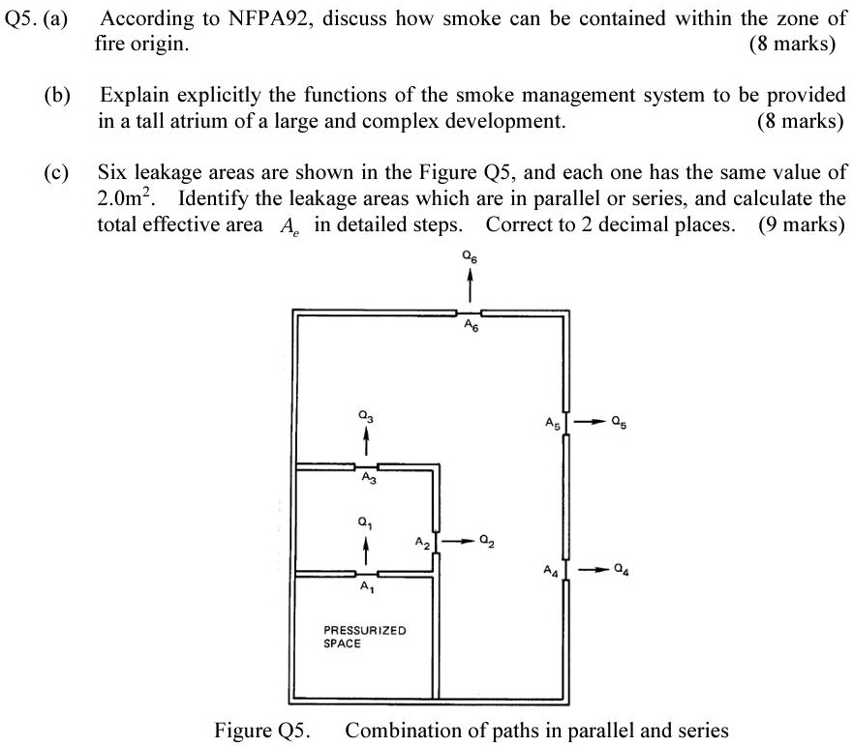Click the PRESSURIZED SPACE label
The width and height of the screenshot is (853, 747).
tap(365, 637)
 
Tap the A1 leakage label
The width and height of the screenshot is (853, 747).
tap(365, 587)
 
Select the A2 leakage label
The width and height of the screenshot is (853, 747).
tap(421, 542)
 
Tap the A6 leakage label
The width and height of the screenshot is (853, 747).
tap(470, 327)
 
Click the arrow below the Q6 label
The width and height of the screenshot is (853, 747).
tap(470, 285)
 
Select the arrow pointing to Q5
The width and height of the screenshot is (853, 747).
tap(589, 422)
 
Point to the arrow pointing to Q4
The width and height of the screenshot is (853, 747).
tap(590, 568)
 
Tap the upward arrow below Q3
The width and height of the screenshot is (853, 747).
tap(365, 442)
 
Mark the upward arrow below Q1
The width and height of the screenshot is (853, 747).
tap(365, 551)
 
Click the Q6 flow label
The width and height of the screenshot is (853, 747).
tap(470, 258)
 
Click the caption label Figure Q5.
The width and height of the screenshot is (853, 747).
tap(259, 730)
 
